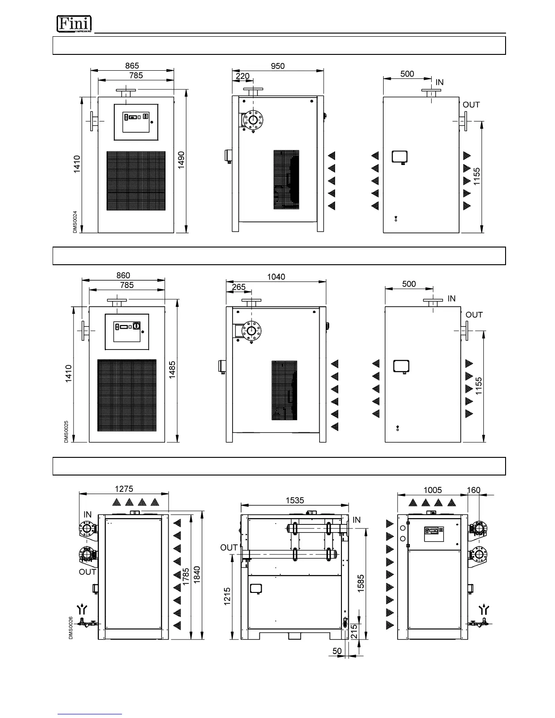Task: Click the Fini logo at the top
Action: pyautogui.click(x=74, y=24)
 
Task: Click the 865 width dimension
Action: pyautogui.click(x=132, y=66)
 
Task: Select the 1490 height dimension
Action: pyautogui.click(x=181, y=160)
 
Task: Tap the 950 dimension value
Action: pyautogui.click(x=277, y=66)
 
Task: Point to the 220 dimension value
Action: pyautogui.click(x=243, y=76)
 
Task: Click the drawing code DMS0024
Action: pyautogui.click(x=75, y=222)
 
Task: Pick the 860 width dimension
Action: pyautogui.click(x=123, y=275)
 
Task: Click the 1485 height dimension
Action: pyautogui.click(x=172, y=369)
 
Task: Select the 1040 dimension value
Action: pyautogui.click(x=276, y=277)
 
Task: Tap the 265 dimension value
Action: pyautogui.click(x=239, y=287)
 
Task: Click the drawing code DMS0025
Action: pyautogui.click(x=66, y=432)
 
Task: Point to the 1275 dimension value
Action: pyautogui.click(x=124, y=489)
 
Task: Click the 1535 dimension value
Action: pyautogui.click(x=295, y=500)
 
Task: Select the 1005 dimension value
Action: pyautogui.click(x=433, y=490)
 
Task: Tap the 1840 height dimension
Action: pyautogui.click(x=197, y=575)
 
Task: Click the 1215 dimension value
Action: pyautogui.click(x=227, y=596)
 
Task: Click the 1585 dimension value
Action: pyautogui.click(x=361, y=583)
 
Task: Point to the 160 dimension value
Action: pyautogui.click(x=473, y=490)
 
